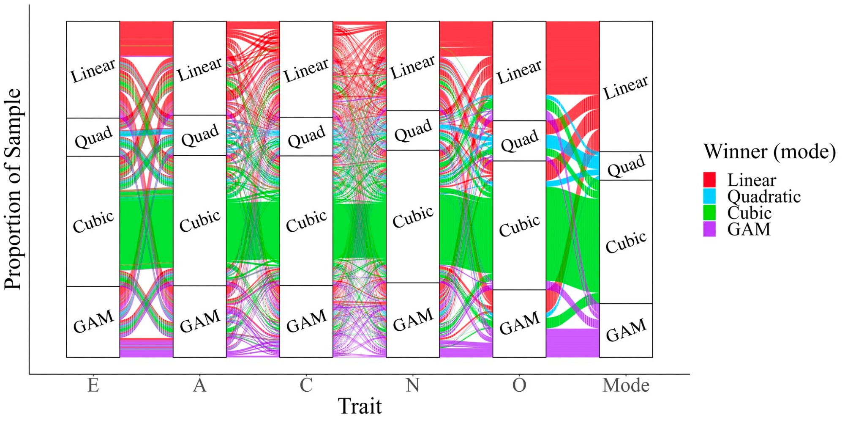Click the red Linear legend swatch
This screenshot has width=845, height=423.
[709, 179]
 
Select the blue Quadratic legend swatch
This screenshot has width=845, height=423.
[709, 196]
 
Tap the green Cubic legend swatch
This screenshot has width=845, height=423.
[709, 212]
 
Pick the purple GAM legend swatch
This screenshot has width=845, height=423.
[709, 229]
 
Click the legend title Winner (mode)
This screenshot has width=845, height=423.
[769, 151]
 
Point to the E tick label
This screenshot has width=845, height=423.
[93, 385]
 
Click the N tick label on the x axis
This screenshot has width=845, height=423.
[412, 385]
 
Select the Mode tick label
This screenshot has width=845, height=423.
[626, 385]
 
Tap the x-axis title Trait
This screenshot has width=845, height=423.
[360, 406]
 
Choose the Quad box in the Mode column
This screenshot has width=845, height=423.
[626, 166]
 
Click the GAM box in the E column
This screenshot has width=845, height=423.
[93, 321]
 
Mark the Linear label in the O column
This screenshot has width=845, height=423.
[519, 71]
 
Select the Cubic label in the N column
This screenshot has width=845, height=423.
[413, 217]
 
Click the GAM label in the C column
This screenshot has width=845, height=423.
[306, 321]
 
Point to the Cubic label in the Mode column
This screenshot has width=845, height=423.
[626, 242]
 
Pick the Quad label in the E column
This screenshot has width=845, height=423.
[93, 137]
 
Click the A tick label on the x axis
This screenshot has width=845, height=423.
[199, 385]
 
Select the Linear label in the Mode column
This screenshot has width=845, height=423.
[625, 88]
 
